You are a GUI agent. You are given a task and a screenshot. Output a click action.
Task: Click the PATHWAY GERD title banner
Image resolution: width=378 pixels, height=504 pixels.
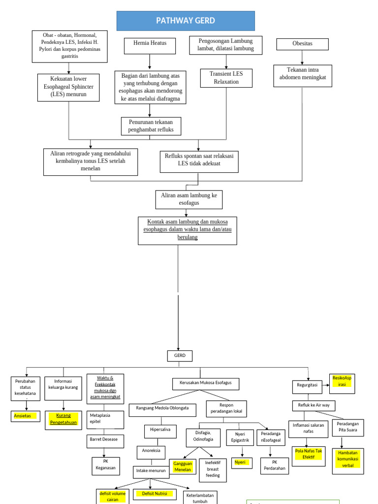point(186,21)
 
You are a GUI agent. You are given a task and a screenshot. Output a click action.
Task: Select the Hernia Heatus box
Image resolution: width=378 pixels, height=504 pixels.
point(150,46)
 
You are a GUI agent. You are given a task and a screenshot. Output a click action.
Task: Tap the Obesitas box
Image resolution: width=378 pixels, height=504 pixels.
point(302,44)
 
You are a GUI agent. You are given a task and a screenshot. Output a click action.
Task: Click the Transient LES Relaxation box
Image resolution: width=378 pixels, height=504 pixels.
point(226,78)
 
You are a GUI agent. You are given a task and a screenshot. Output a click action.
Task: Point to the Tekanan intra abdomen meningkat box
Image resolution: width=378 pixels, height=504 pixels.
point(303,75)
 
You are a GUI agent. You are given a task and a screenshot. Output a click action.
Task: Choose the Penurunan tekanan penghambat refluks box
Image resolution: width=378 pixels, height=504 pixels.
point(151,126)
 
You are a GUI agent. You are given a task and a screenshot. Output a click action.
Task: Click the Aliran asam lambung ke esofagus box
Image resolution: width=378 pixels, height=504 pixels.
point(189,199)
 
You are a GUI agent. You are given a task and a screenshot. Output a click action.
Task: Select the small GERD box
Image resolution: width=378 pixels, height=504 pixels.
point(179,356)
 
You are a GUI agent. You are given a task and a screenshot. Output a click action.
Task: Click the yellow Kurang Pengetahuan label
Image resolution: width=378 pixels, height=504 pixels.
point(63,419)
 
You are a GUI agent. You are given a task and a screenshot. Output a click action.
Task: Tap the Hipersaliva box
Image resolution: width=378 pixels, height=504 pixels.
point(159,430)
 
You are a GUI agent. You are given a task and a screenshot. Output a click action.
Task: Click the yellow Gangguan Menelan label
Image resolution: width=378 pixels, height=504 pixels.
point(182,467)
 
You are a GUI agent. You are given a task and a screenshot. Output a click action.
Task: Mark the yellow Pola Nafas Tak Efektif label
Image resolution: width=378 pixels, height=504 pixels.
point(308,454)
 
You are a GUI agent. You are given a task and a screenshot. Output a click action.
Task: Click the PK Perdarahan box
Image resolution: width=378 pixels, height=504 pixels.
point(275,466)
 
